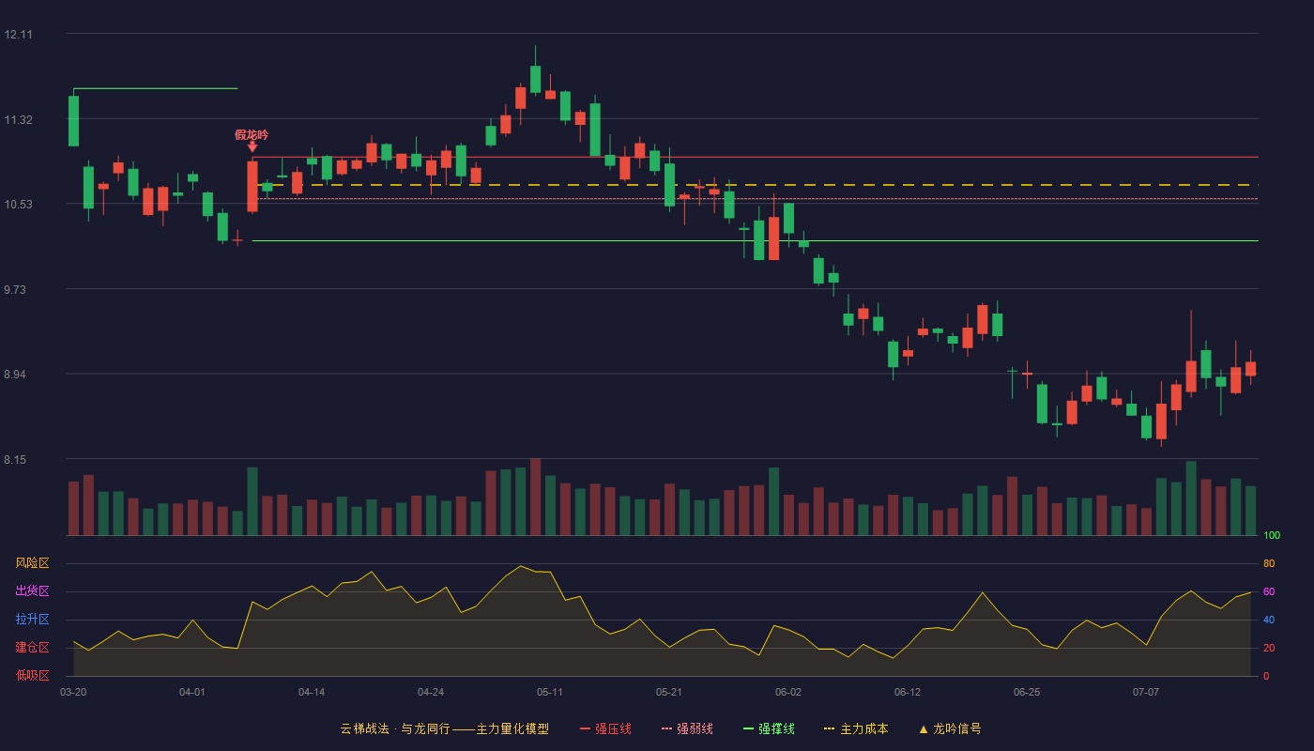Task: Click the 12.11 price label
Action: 18,35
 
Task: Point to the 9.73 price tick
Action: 15,290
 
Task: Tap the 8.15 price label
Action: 15,460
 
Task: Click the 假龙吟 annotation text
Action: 252,135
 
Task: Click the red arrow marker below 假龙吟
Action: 252,146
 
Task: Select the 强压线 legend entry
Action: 606,728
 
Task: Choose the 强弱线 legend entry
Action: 687,728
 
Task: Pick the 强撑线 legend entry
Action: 769,728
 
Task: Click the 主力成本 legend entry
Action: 856,728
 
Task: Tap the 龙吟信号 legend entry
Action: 950,728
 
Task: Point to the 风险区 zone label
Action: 32,563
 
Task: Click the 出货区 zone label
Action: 32,590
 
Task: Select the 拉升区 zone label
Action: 32,619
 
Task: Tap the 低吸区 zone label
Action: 32,675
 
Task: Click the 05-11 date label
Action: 550,693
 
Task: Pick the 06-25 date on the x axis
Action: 1027,693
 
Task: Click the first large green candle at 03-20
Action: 73,121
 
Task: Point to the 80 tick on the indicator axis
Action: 1269,563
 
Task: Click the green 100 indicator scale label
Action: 1272,535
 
